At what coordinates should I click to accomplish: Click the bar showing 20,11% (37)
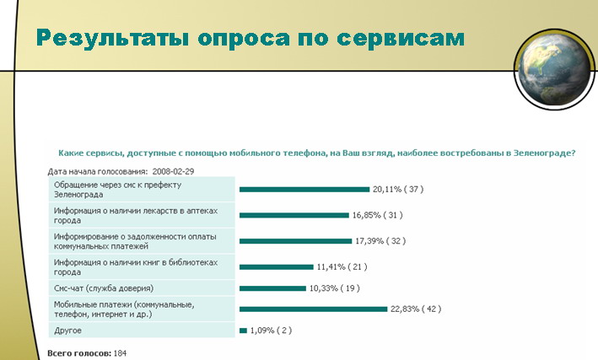point(304,190)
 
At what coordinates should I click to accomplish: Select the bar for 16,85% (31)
point(294,216)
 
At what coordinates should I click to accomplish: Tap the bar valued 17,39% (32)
point(295,241)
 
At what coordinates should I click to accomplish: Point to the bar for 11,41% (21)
point(277,267)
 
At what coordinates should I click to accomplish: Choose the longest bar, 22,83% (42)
point(313,309)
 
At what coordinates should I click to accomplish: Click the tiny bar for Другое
point(243,330)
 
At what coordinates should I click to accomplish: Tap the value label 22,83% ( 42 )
point(416,309)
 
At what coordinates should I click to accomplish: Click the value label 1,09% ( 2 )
point(271,330)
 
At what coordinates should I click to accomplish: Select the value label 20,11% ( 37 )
point(398,189)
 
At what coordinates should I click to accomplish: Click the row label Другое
point(67,330)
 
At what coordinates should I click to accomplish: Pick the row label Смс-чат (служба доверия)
point(104,288)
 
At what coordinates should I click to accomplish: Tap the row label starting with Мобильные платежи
point(124,309)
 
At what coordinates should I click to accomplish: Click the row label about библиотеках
point(136,267)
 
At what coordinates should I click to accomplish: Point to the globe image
point(555,69)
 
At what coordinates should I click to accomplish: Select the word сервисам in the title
point(401,39)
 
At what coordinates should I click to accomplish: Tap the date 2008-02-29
point(173,172)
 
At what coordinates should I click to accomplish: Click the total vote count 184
point(120,353)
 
